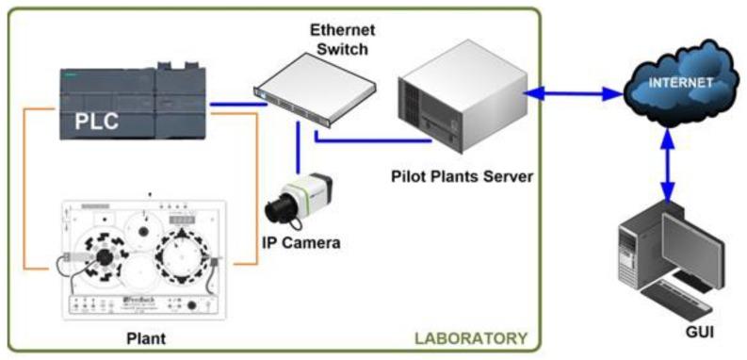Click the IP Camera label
point(300,242)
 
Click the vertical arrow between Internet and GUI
point(670,165)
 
